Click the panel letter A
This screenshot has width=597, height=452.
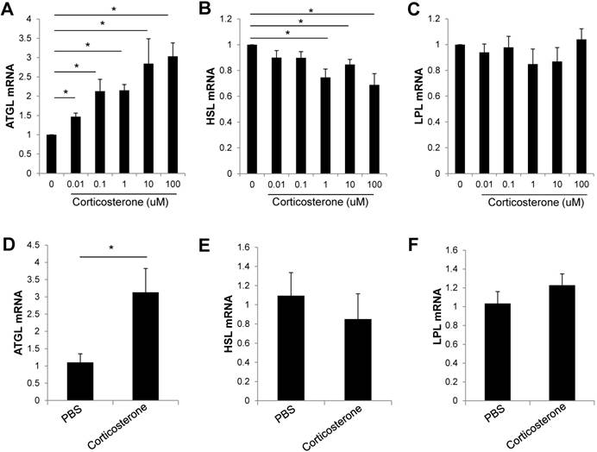[x=9, y=9]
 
